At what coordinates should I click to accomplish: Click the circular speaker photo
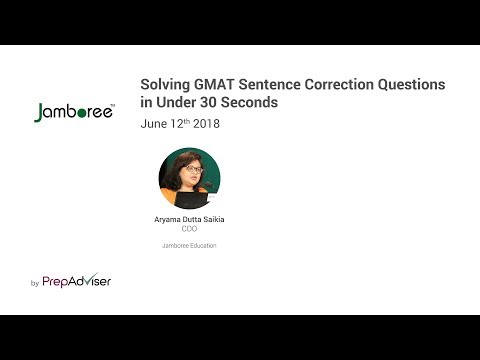coord(189,178)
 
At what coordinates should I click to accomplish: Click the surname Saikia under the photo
coord(214,219)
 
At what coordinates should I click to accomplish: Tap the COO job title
coord(189,229)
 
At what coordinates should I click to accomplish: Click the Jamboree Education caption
coord(189,245)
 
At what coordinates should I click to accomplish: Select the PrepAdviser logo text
coord(76,282)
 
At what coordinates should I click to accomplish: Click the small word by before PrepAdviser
coord(35,284)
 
